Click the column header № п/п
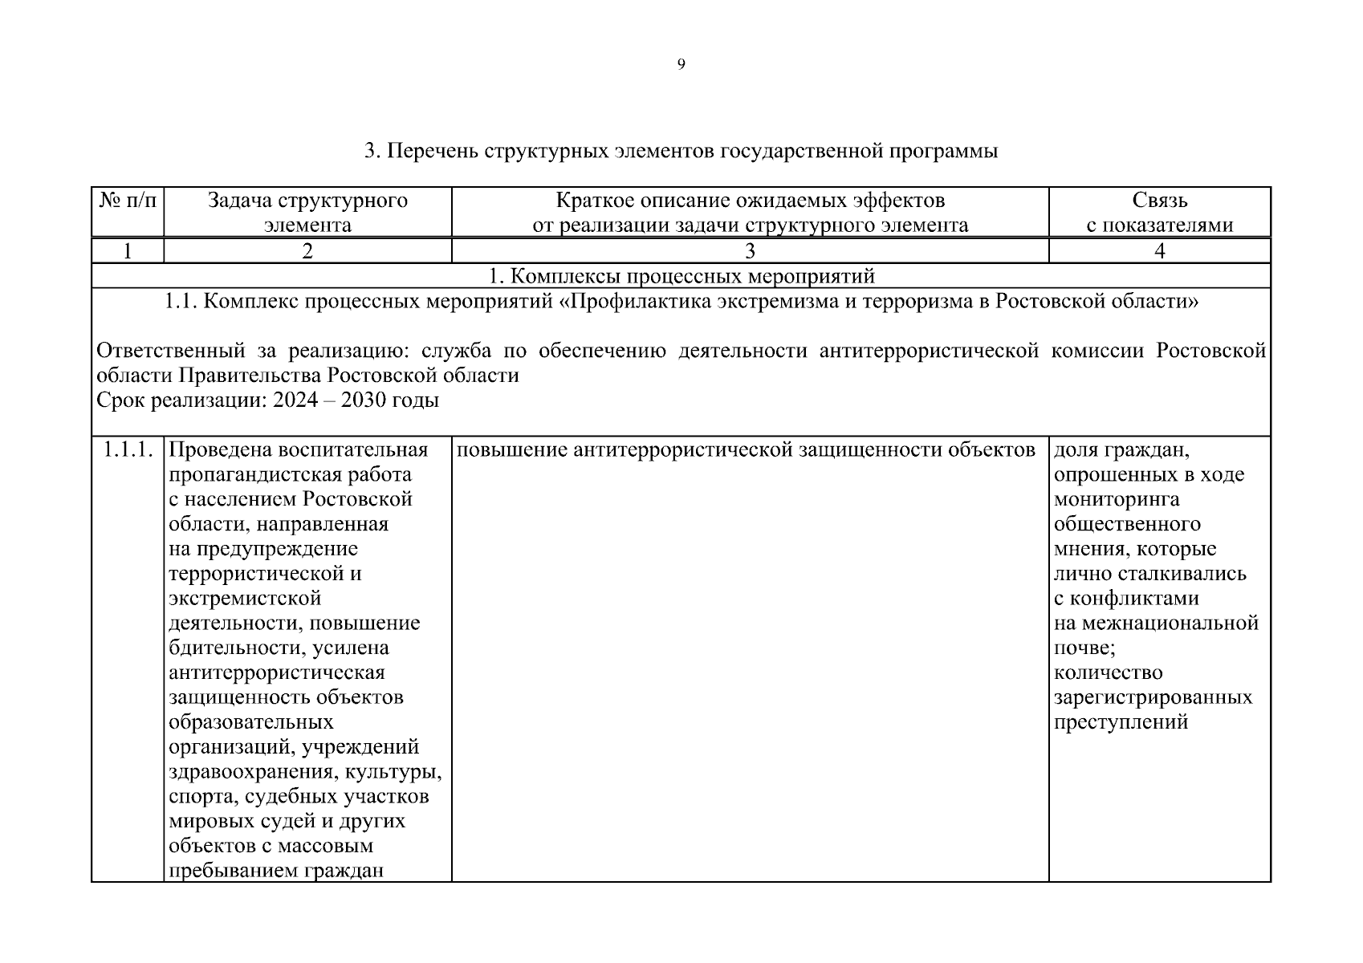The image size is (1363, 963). point(128,201)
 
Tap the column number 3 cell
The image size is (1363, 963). point(750,251)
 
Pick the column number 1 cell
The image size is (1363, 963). point(128,251)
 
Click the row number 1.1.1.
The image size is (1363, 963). point(128,449)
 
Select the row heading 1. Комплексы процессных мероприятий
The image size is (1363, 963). point(681,277)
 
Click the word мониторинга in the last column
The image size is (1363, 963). point(1116,499)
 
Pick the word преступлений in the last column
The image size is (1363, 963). point(1121,722)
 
